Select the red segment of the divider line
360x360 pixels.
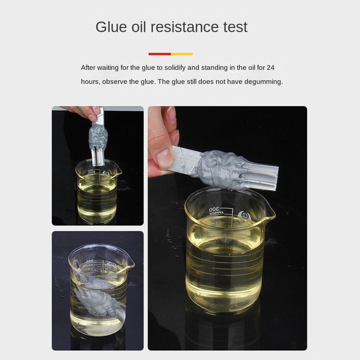159,54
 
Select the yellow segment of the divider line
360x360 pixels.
182,54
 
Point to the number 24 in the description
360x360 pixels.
270,68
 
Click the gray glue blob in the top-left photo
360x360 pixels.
98,135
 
